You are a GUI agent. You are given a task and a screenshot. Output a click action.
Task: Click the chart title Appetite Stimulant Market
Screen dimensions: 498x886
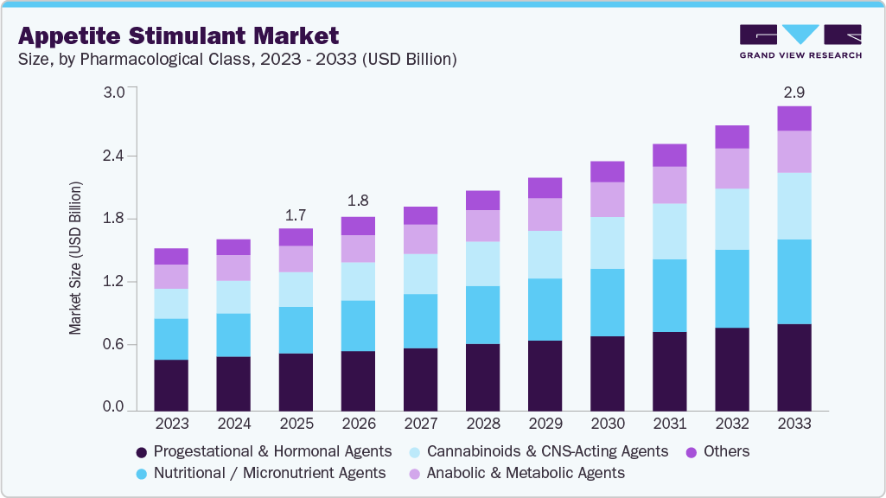coord(178,35)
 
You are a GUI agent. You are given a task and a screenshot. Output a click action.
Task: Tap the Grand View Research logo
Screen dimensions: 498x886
coord(800,41)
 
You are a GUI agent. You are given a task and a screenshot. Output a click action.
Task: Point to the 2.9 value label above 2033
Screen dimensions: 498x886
coord(794,91)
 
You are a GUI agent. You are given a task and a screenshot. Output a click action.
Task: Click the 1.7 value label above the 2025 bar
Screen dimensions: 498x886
coord(296,214)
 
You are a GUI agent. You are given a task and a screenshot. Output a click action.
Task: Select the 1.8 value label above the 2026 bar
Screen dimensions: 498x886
coord(358,201)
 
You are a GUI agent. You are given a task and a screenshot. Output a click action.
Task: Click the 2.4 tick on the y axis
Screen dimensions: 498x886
coord(114,156)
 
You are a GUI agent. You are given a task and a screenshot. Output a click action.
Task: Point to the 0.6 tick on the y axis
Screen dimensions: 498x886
coord(114,345)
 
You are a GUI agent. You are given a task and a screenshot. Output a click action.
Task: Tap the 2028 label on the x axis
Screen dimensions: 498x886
coord(482,424)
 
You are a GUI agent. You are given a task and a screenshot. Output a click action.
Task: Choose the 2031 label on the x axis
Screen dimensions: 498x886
coord(669,424)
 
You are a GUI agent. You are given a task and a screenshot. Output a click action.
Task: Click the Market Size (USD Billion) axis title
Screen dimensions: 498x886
coord(76,259)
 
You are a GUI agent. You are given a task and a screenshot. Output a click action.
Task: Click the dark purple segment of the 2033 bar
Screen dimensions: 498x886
coord(794,367)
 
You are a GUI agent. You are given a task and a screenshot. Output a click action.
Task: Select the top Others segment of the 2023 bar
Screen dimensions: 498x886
coord(171,256)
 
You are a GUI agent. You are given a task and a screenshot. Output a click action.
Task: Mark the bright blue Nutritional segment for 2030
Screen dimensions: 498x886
coord(607,303)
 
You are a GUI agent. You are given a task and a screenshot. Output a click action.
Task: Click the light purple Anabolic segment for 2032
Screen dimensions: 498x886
coord(731,169)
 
